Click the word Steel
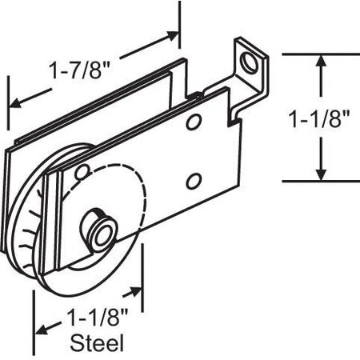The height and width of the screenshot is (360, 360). pos(98,344)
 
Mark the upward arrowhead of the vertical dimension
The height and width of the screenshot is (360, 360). pos(321,60)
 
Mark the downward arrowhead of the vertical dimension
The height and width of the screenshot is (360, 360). pos(321,174)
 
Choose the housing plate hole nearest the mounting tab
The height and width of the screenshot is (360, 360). pos(193,122)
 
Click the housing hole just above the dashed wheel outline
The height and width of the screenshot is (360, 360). pos(81,171)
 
